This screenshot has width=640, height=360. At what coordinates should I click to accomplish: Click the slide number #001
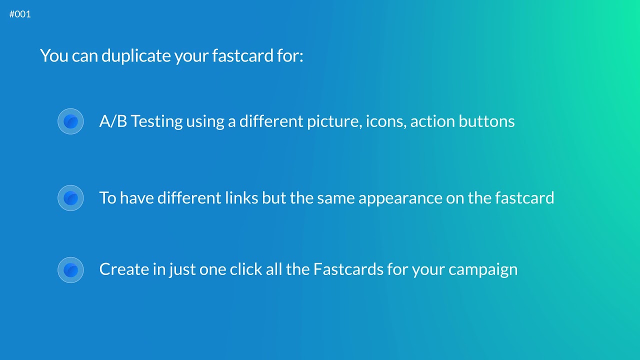[x=20, y=14]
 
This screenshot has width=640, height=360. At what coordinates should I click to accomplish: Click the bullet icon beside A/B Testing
[x=70, y=121]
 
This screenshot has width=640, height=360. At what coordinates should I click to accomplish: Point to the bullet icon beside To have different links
[x=70, y=198]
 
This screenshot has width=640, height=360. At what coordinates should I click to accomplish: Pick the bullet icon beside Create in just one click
[x=70, y=270]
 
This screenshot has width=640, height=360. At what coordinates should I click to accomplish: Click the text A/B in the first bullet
[x=113, y=121]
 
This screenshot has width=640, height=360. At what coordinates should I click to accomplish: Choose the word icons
[x=385, y=121]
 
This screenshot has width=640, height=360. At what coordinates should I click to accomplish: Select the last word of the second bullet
[x=524, y=198]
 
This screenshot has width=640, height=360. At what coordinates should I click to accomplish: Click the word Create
[x=124, y=269]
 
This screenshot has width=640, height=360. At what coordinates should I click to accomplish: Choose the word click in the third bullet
[x=242, y=269]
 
